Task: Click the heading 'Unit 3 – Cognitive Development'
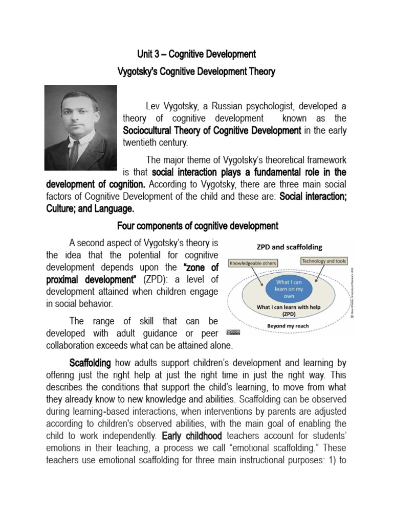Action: tap(196, 54)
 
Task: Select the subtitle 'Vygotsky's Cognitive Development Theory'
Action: tap(196, 72)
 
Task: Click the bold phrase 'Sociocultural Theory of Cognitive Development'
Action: tap(212, 131)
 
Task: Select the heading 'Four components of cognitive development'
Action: tap(198, 226)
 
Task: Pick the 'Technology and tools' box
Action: tap(324, 261)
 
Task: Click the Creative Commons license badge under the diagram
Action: tap(233, 332)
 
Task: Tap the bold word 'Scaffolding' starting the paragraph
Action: tap(90, 363)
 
